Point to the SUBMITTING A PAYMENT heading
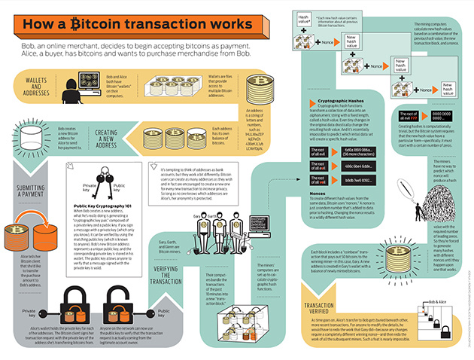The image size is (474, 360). [x=23, y=178]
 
